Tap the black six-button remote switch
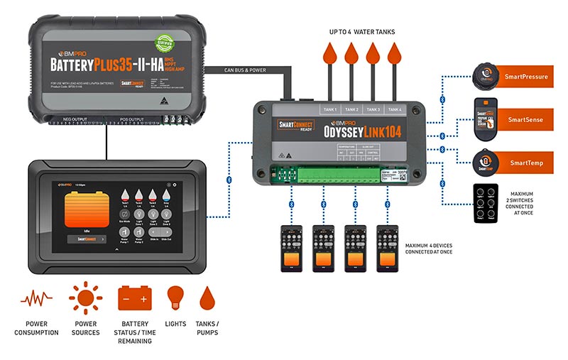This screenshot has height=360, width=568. pyautogui.click(x=487, y=203)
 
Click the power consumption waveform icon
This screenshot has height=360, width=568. pyautogui.click(x=36, y=300)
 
